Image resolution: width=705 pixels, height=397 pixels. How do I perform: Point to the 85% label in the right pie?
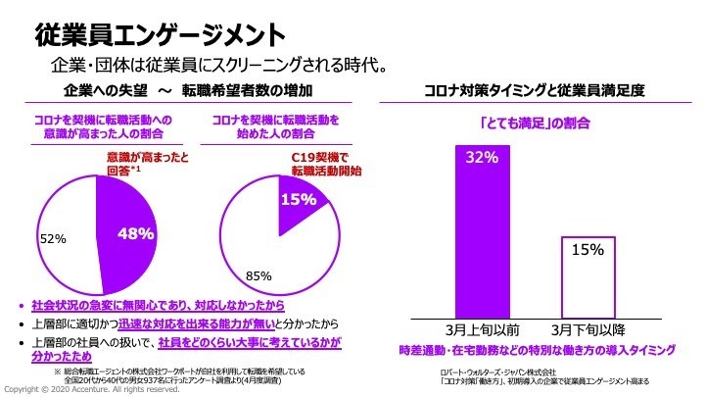click(258, 276)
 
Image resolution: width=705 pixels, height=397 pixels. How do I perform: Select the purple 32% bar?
click(484, 230)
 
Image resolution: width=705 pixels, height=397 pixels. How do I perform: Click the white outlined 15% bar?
click(587, 275)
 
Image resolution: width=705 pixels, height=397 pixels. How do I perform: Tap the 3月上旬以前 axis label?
click(484, 330)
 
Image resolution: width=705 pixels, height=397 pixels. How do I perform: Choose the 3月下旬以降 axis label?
click(587, 330)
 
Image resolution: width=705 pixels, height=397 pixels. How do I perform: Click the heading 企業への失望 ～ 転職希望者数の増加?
click(187, 91)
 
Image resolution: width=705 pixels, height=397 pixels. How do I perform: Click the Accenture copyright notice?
click(92, 389)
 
